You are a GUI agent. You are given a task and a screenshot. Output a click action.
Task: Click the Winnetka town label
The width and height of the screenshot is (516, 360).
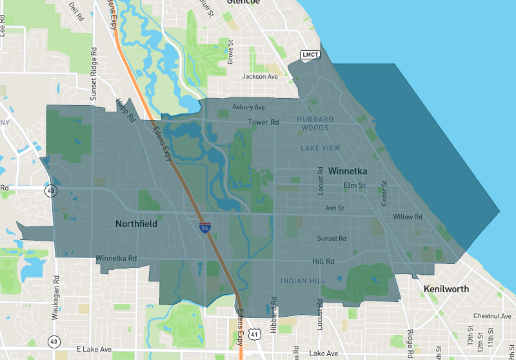point(348,172)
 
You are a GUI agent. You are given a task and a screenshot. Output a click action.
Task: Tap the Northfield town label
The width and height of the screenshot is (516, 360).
point(136,224)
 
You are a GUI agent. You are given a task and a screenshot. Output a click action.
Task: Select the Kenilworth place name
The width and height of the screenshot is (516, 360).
point(446,289)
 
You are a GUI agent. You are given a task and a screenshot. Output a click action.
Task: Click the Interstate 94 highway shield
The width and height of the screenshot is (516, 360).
point(204,228)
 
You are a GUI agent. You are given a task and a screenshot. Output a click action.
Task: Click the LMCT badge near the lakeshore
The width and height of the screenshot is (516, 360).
point(310,55)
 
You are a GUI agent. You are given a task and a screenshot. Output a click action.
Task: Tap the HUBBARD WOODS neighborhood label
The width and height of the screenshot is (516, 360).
point(315,123)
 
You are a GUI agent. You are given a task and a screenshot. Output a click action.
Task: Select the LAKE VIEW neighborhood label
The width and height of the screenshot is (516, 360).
point(320,148)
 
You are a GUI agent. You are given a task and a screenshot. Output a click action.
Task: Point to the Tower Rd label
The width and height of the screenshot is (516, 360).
point(263,122)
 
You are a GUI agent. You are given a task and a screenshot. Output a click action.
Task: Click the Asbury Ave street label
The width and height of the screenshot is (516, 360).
point(248,107)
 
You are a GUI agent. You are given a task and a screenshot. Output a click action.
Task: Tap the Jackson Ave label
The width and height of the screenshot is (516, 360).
point(259,76)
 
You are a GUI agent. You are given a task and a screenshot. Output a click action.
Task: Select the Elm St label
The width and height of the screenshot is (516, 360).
point(354,186)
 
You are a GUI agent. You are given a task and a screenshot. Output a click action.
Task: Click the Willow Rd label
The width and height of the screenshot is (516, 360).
point(407,217)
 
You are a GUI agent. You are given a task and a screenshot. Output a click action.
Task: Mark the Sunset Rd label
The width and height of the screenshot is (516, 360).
point(332,239)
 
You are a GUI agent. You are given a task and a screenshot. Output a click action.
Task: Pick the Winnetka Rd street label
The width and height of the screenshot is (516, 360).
point(116,259)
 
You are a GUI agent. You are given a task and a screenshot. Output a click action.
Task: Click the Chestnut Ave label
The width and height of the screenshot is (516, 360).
point(492,316)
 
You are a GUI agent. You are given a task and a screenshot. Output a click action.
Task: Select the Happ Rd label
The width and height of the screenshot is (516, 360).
point(124,110)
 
